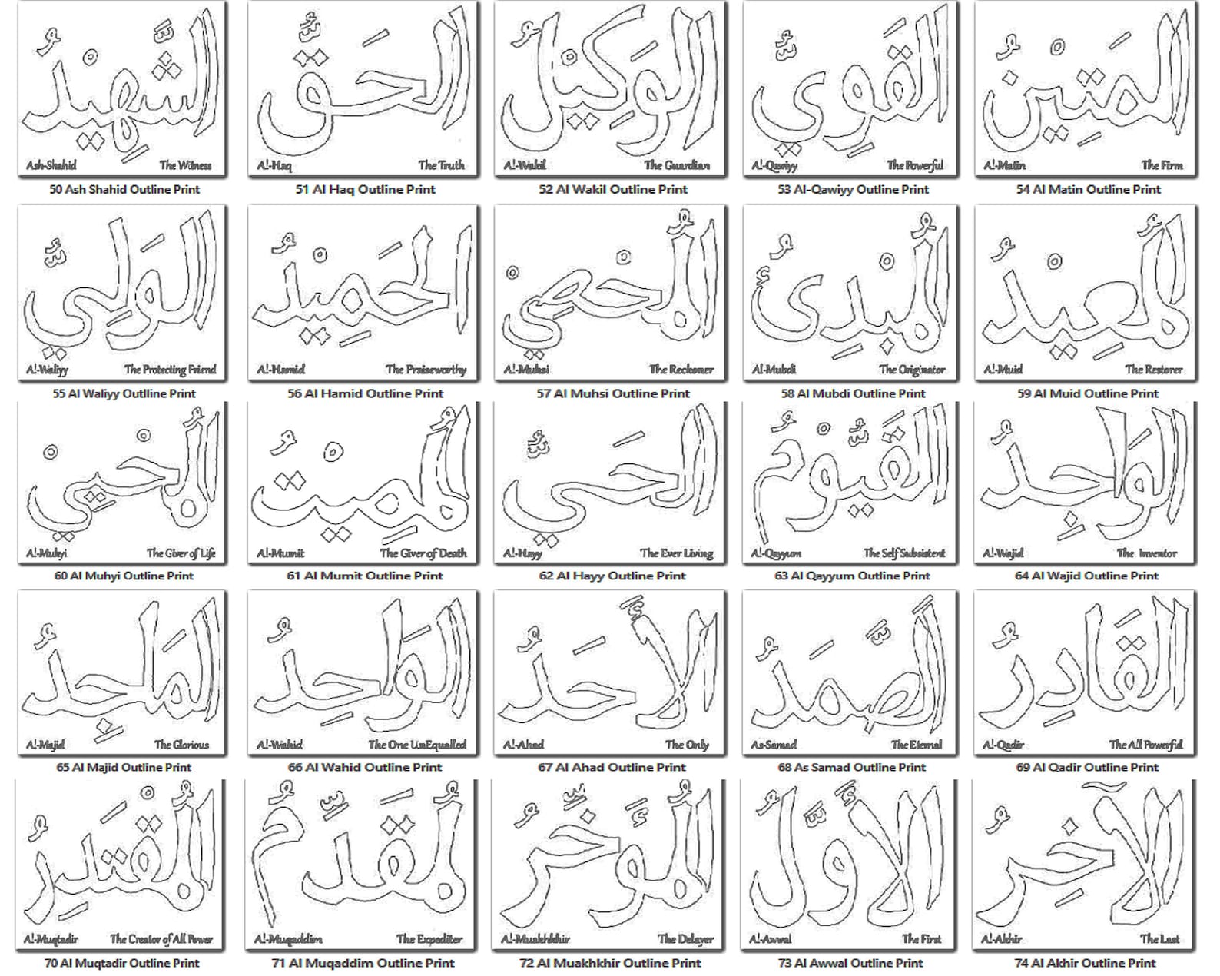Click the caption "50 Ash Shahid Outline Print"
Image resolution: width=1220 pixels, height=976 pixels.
click(124, 189)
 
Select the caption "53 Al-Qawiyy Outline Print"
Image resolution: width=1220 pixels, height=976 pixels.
click(853, 189)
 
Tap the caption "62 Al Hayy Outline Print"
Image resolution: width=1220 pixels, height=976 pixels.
click(612, 575)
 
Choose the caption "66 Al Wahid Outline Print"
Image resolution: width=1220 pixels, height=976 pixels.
click(365, 766)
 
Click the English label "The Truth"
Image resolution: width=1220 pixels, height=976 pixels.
click(441, 165)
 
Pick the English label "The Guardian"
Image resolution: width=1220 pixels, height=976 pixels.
click(677, 165)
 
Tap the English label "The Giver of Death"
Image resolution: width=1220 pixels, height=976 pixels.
click(423, 553)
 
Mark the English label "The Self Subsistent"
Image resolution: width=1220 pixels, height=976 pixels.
click(903, 553)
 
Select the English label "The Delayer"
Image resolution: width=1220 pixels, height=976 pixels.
click(685, 939)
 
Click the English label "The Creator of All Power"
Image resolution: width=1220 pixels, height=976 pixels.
click(161, 939)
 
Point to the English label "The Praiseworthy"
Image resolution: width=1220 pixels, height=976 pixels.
click(426, 370)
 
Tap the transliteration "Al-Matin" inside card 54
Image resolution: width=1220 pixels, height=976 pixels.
click(1004, 165)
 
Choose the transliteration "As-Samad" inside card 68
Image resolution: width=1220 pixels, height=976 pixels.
click(774, 745)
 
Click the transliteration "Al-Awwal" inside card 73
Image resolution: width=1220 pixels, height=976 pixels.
click(771, 939)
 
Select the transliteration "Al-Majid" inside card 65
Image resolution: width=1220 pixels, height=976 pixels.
click(45, 745)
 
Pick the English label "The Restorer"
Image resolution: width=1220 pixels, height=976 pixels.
click(1153, 370)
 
